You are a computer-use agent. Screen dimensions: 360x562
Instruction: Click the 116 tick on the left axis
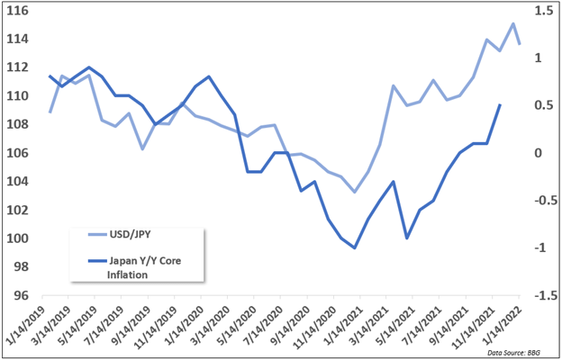[x=18, y=10]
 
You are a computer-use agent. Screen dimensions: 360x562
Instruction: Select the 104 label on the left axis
[x=18, y=181]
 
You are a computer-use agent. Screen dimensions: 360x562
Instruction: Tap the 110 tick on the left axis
[x=18, y=95]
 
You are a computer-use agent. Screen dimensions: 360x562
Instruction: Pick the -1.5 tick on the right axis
[x=542, y=295]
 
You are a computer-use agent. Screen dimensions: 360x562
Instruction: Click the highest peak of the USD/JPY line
[x=512, y=24]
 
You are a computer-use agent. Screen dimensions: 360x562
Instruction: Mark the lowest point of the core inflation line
[x=355, y=247]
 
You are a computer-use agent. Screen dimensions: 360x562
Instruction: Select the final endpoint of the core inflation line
[x=500, y=105]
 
